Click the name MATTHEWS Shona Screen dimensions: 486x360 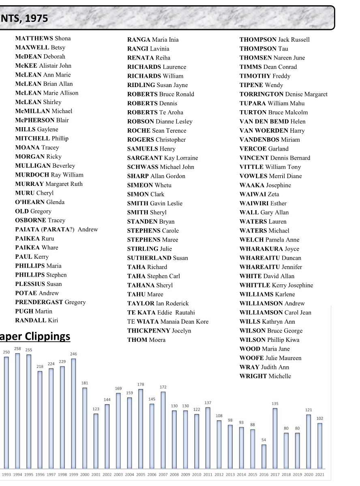(x=43, y=38)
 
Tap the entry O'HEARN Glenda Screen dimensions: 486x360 (x=40, y=202)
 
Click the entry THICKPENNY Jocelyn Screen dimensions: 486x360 (x=159, y=331)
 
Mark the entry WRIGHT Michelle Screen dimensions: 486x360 (x=265, y=376)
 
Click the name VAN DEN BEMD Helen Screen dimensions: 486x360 (x=272, y=122)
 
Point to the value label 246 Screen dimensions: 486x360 (x=73, y=354)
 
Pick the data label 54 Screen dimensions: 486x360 (x=264, y=440)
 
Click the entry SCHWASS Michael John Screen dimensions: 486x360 (x=161, y=167)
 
